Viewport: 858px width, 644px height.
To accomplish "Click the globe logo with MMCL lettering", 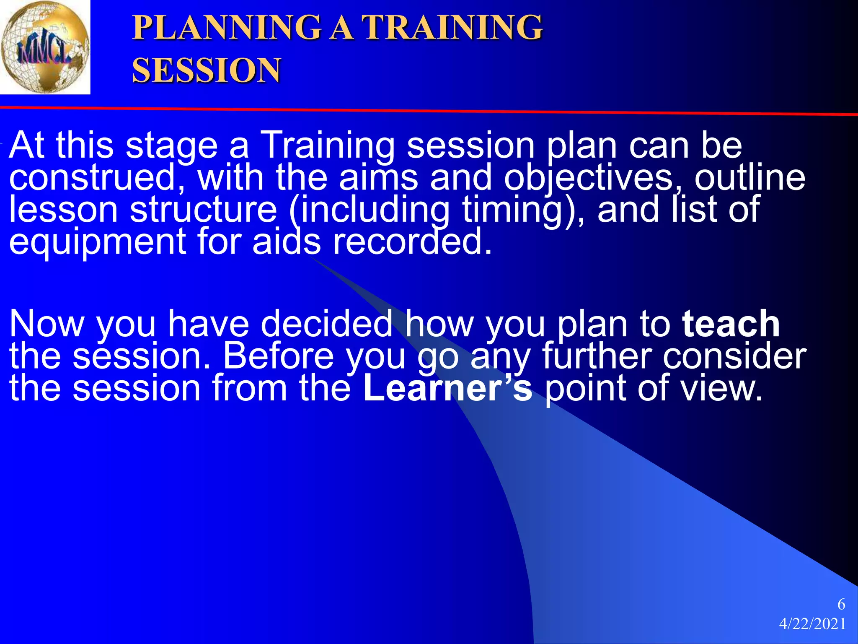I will [45, 47].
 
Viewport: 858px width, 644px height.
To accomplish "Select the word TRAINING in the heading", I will [452, 28].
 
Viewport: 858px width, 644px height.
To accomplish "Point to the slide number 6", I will [841, 604].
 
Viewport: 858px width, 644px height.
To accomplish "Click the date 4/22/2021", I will [812, 624].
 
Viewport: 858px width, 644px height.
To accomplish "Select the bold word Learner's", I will [447, 388].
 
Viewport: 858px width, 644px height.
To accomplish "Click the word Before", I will [278, 356].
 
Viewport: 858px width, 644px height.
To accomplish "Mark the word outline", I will [750, 177].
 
